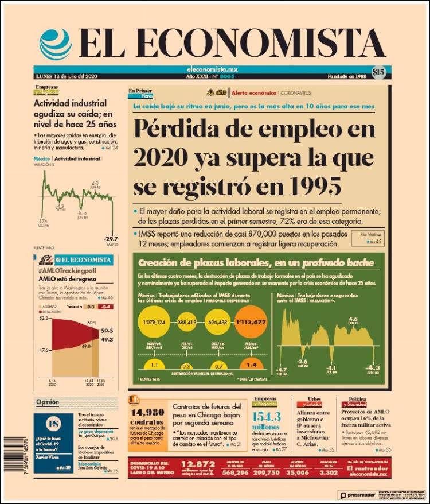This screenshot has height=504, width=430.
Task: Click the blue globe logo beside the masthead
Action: click(56, 44)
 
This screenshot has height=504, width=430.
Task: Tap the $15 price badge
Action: click(378, 72)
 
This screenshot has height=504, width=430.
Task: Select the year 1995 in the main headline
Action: click(313, 186)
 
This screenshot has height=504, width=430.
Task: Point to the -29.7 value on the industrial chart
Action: click(110, 239)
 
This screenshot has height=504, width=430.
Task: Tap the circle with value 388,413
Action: click(187, 322)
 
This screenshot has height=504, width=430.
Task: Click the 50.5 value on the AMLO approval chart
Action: click(107, 331)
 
